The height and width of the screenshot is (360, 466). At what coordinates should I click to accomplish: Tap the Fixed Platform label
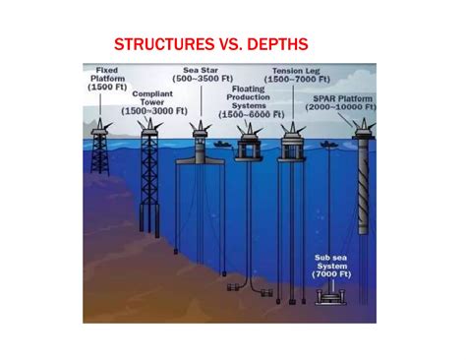coord(106,77)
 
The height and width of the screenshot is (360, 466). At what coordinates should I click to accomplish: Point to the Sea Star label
coord(202,71)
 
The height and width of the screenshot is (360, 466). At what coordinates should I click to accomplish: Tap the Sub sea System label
coord(332,264)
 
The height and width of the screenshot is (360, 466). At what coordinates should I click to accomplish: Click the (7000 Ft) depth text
coord(332,274)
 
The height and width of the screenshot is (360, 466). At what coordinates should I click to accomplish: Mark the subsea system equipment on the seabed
coord(332,294)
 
